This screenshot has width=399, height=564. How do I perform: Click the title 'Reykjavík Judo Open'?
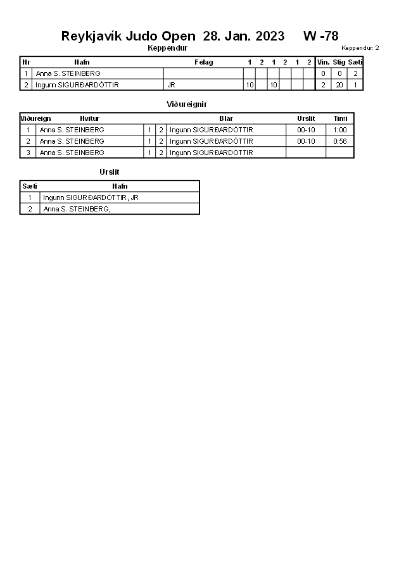tap(128, 36)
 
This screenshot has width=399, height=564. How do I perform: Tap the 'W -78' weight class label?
tap(320, 36)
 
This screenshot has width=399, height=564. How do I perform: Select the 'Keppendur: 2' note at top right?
tap(360, 48)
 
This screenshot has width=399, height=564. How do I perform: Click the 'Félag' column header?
tap(203, 62)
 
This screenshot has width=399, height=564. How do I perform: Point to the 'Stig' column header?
tap(339, 62)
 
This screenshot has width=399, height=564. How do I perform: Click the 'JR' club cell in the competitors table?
tap(171, 85)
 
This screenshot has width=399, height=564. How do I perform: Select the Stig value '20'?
tap(339, 85)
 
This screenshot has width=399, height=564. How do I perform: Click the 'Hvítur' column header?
tap(89, 118)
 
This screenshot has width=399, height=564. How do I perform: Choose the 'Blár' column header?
tap(226, 118)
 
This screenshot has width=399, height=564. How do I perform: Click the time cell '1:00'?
tap(340, 130)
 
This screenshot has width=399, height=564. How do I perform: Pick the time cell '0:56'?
tap(340, 141)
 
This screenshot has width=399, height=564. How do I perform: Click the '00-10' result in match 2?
tap(306, 141)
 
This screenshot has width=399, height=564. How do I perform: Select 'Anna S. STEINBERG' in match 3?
tap(72, 153)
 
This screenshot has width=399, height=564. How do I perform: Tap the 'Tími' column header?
tap(340, 118)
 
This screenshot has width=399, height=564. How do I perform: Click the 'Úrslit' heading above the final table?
tap(110, 172)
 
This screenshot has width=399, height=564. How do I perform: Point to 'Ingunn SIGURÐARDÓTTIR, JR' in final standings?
tap(91, 197)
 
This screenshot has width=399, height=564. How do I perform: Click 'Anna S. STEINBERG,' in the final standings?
tap(77, 209)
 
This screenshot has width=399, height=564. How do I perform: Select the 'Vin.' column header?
tap(323, 62)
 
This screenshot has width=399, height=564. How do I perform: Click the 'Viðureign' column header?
tap(35, 118)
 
